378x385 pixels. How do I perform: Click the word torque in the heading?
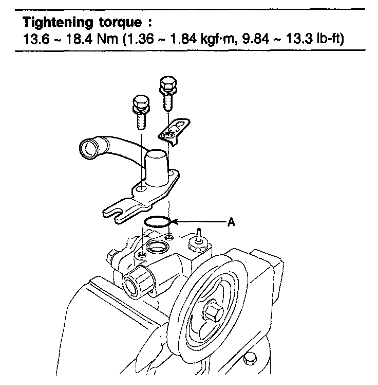click(124, 24)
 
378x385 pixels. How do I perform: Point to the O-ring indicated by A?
click(157, 222)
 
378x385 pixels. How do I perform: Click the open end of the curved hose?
click(88, 151)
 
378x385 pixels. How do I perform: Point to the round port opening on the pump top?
click(156, 248)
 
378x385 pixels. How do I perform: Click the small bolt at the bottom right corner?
click(250, 358)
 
